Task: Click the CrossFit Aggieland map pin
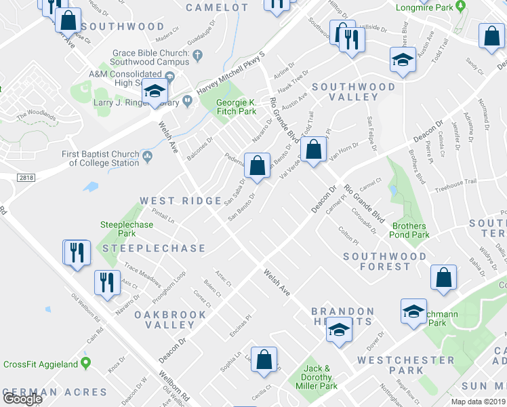coord(85,364)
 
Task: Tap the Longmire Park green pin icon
coord(461,7)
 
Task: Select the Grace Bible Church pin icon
coord(198,54)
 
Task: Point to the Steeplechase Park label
coord(122,229)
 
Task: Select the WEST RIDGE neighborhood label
coord(180,201)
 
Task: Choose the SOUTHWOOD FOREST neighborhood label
coord(385,261)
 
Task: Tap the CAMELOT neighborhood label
coord(217,7)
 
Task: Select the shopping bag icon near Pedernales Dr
coord(258,166)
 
